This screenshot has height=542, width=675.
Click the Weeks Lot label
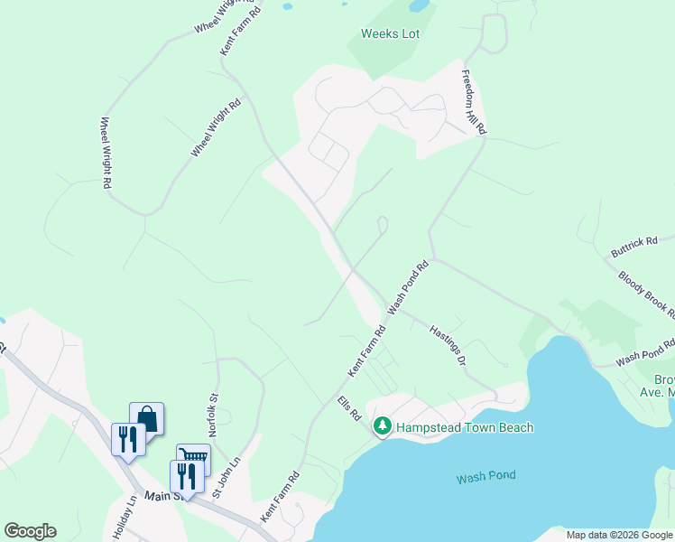391,34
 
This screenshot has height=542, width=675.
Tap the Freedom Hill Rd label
475,103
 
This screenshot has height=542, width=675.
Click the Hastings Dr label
447,346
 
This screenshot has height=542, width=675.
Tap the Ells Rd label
349,408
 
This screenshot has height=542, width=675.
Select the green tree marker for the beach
383,425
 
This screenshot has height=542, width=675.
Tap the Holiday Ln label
125,518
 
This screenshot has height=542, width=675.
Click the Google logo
30,531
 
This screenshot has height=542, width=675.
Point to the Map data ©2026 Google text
618,535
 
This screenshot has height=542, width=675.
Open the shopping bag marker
147,418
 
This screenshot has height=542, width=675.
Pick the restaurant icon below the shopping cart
186,476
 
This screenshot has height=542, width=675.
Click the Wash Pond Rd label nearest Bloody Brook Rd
645,353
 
